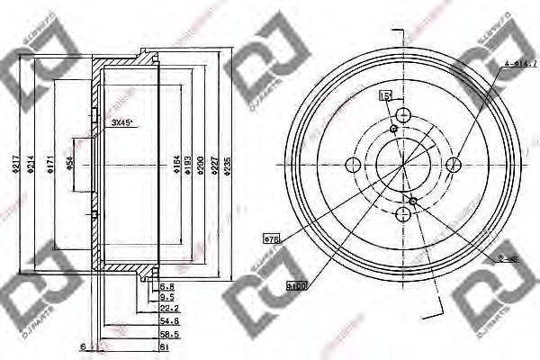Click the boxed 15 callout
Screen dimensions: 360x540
[x=385, y=95]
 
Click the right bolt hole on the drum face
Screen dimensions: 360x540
[x=454, y=163]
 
